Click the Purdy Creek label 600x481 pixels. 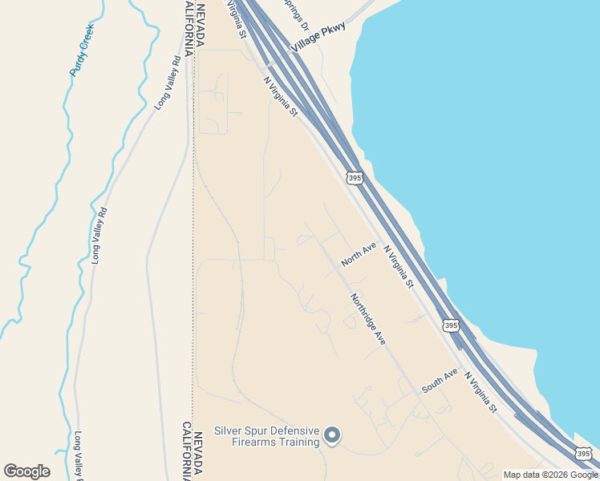click(82, 49)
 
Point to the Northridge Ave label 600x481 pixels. click(368, 319)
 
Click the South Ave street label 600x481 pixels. click(440, 380)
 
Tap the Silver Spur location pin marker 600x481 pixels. click(332, 435)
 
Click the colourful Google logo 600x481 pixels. click(26, 471)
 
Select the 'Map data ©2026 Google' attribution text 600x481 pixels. click(550, 475)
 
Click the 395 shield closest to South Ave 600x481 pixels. click(451, 325)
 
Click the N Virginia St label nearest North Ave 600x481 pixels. click(399, 266)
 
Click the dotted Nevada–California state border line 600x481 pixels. click(193, 240)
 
